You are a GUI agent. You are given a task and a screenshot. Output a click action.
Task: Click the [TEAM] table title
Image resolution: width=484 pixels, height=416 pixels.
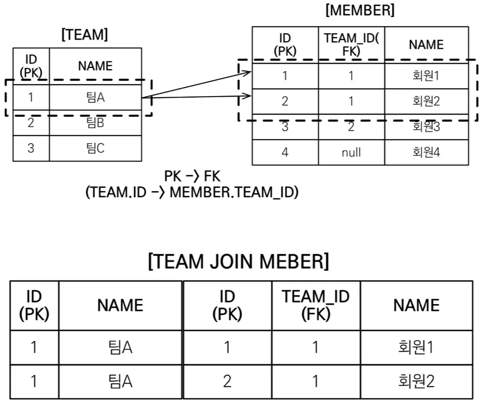pos(85,34)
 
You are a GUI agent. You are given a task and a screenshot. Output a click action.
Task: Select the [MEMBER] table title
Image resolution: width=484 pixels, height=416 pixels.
pos(360,10)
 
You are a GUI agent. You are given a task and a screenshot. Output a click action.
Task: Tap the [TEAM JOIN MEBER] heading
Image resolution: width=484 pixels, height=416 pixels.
pos(239,261)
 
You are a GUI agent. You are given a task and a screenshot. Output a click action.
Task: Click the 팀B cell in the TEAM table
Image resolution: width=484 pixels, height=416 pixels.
pos(96,123)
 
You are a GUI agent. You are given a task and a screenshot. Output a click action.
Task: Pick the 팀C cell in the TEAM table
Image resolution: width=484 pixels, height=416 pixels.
pos(96,148)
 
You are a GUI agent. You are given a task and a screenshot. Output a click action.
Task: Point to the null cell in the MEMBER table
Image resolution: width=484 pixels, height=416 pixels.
pos(351,152)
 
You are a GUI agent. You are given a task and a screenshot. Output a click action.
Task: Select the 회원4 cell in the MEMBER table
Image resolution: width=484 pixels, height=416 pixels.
pos(426,152)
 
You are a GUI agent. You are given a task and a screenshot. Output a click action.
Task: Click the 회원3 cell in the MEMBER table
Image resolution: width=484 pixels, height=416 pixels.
pos(426,126)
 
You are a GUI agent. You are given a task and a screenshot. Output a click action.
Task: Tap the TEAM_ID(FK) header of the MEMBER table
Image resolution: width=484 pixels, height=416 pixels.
pos(351,45)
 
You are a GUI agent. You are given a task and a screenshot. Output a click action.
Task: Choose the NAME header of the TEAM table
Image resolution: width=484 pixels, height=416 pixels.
pos(96,66)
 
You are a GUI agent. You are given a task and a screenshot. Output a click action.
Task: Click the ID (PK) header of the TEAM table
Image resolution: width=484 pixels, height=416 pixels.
pos(31,66)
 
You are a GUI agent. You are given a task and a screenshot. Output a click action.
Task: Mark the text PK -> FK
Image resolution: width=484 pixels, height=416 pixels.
pos(193,176)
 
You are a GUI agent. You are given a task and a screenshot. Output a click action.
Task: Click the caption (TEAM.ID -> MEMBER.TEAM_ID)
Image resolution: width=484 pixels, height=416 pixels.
pos(192,192)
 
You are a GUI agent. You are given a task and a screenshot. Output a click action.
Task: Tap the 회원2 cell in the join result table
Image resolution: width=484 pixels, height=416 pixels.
pos(416,381)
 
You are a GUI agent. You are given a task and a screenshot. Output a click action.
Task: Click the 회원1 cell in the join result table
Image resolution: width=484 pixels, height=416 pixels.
pos(416,347)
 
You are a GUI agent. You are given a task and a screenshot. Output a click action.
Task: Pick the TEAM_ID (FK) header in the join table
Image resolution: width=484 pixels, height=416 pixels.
pos(316,305)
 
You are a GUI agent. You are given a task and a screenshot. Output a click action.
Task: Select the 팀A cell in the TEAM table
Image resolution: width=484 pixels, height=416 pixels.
pos(96,98)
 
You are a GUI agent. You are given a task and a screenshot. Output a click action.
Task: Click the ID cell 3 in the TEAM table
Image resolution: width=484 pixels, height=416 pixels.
pos(31,148)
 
